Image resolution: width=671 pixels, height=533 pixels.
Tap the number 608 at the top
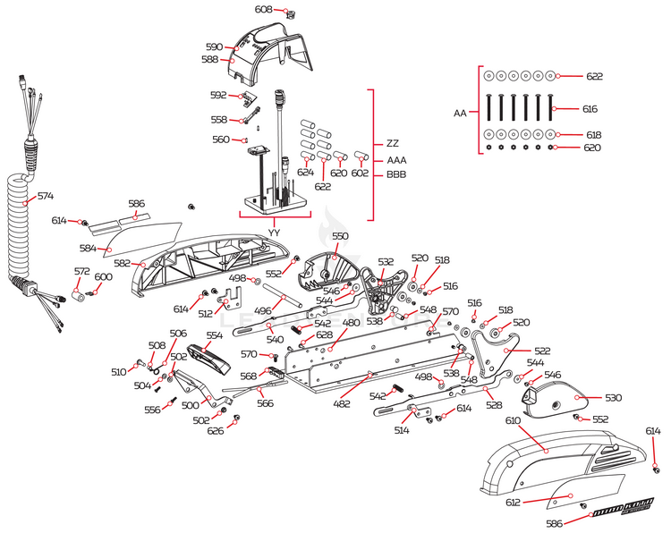pyautogui.click(x=263, y=9)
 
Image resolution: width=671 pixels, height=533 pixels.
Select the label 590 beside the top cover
pyautogui.click(x=214, y=47)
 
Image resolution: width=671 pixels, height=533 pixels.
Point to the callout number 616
pyautogui.click(x=590, y=109)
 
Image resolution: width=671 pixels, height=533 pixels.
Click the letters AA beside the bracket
pyautogui.click(x=460, y=114)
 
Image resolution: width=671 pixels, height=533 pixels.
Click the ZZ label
pyautogui.click(x=393, y=143)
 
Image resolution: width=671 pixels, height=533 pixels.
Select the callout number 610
pyautogui.click(x=513, y=419)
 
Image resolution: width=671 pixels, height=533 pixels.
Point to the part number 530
pyautogui.click(x=612, y=397)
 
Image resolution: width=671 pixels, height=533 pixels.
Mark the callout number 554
pyautogui.click(x=214, y=336)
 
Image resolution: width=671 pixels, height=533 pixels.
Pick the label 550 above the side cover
pyautogui.click(x=340, y=236)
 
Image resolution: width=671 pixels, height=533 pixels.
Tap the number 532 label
pyautogui.click(x=386, y=262)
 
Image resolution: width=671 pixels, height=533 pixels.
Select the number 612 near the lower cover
pyautogui.click(x=513, y=503)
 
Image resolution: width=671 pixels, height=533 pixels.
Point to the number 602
pyautogui.click(x=360, y=173)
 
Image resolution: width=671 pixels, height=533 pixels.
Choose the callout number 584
pyautogui.click(x=88, y=248)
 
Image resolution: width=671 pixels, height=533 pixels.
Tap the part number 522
pyautogui.click(x=542, y=352)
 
